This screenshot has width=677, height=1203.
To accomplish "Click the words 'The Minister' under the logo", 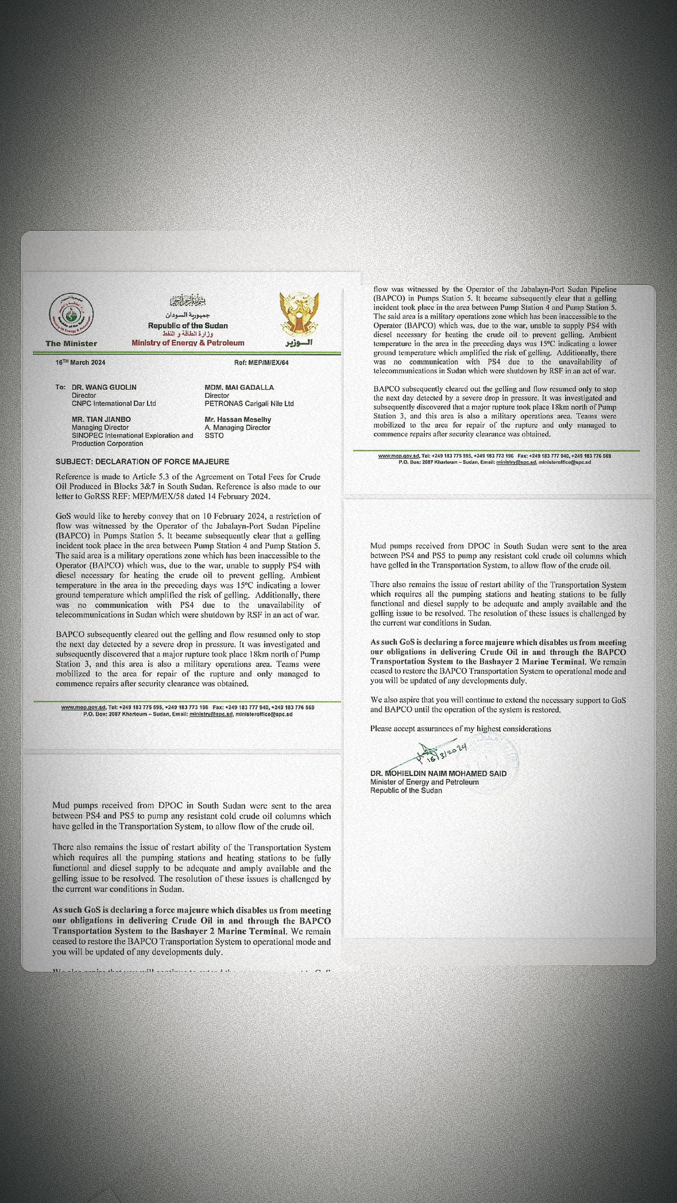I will pyautogui.click(x=71, y=343).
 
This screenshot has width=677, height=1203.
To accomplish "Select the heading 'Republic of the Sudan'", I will pyautogui.click(x=187, y=325).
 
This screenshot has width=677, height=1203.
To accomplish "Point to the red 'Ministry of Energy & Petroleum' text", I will pyautogui.click(x=187, y=342).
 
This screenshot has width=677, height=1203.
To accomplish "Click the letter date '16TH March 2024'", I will pyautogui.click(x=80, y=362).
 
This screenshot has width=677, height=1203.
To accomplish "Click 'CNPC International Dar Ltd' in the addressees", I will pyautogui.click(x=114, y=404).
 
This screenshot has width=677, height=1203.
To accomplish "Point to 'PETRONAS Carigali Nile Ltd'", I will pyautogui.click(x=249, y=404).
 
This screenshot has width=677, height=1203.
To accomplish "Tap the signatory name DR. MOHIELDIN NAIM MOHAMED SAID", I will pyautogui.click(x=438, y=774).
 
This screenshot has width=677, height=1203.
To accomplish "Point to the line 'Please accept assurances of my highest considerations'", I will pyautogui.click(x=460, y=729).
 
